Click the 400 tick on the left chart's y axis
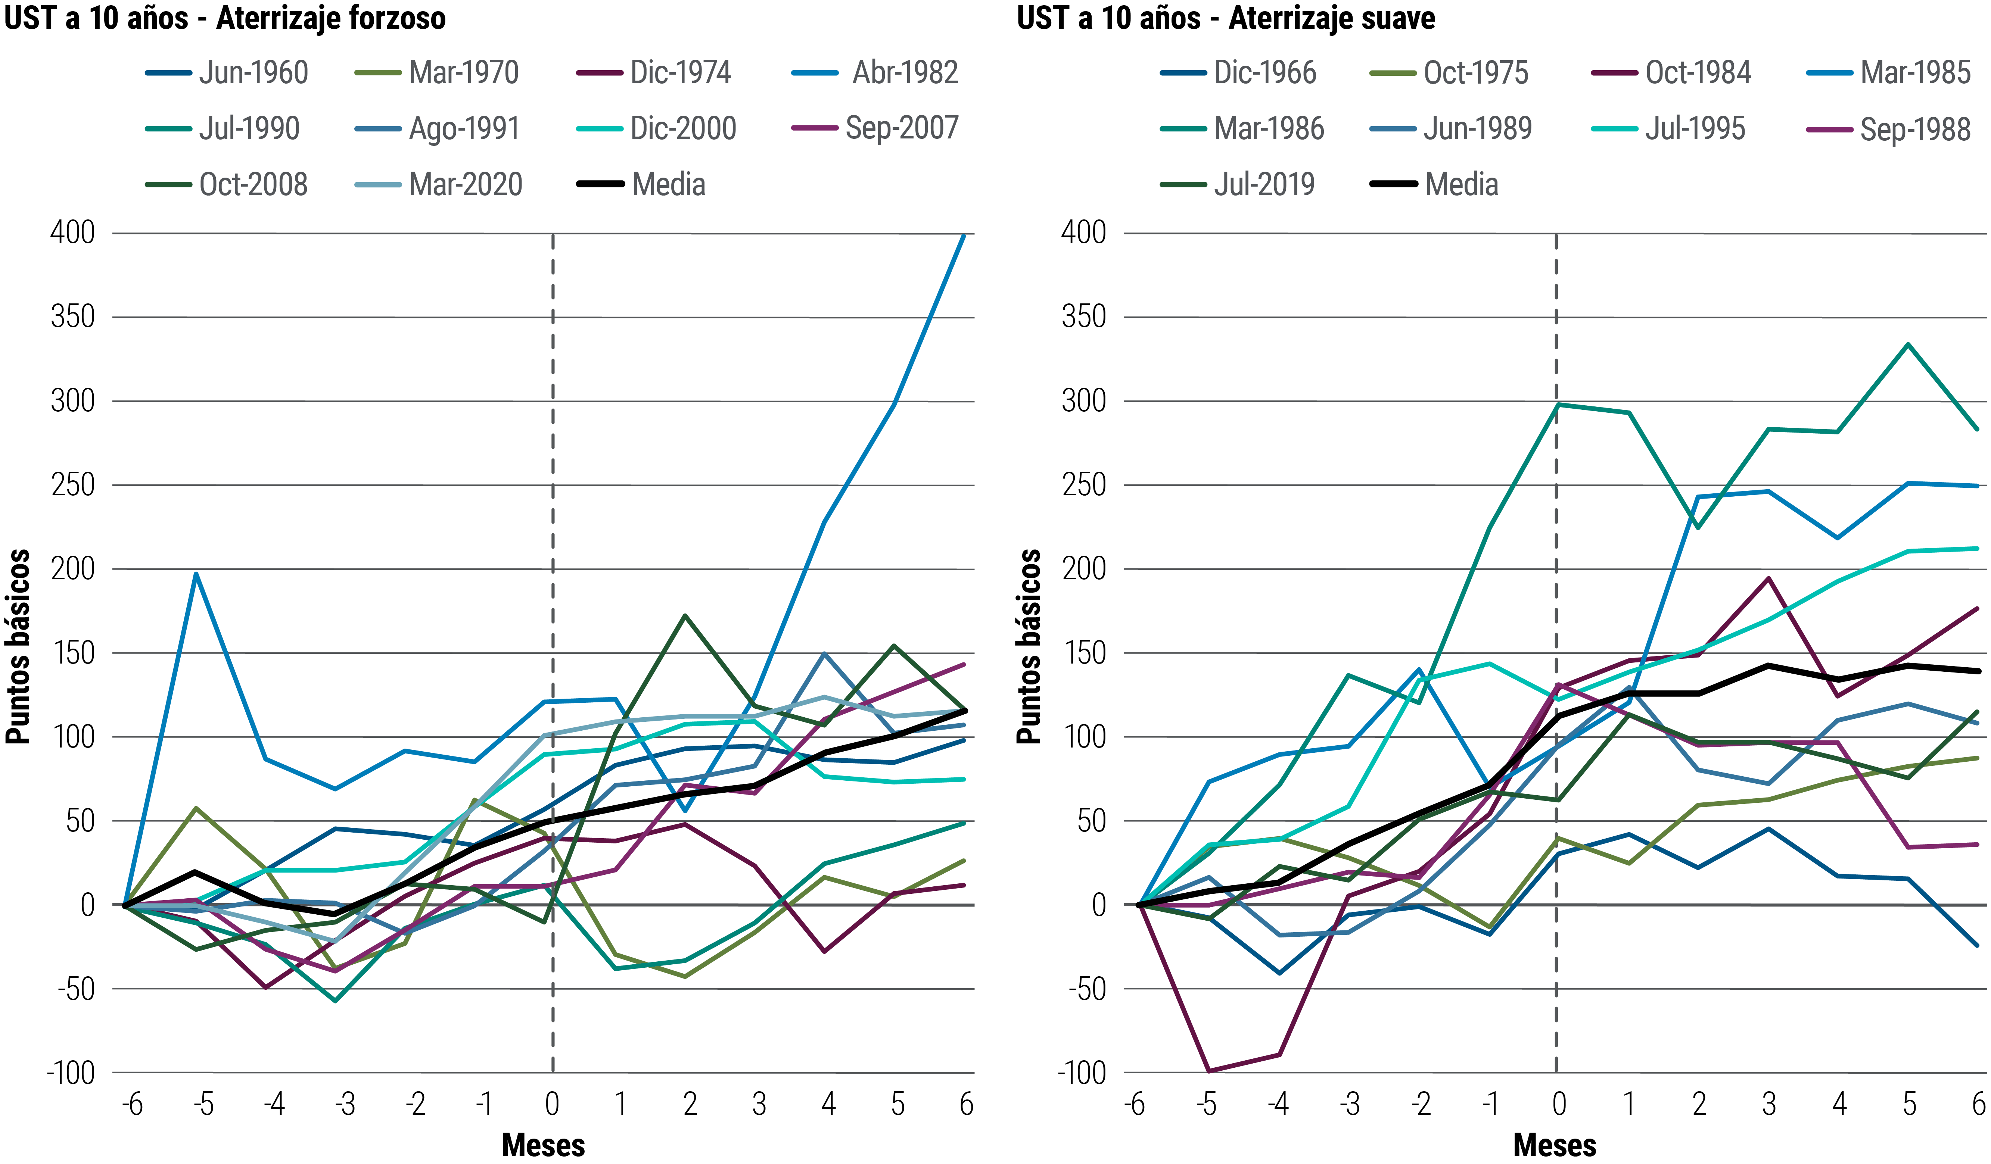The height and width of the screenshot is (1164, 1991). point(73,233)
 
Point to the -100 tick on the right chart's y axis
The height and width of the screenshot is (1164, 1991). point(1082,1073)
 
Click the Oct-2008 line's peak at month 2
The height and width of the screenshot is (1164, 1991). point(685,615)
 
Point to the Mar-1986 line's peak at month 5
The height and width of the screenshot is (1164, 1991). point(1907,344)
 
